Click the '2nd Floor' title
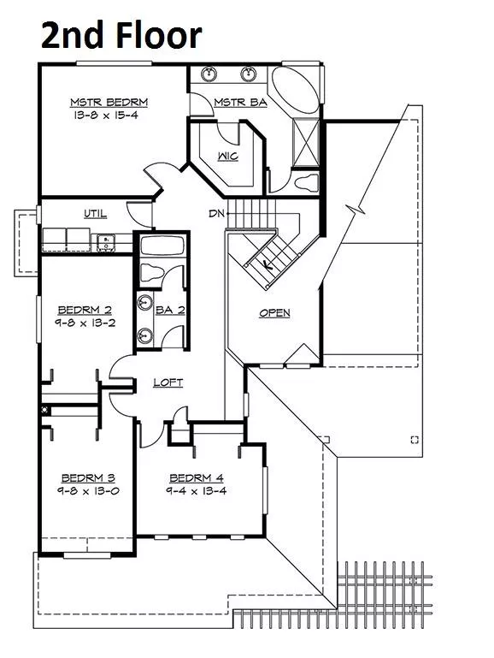121,35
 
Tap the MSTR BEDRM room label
109,102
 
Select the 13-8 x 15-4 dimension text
106,115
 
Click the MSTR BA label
240,102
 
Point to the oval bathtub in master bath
295,89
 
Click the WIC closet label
228,156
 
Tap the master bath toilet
306,182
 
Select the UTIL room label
96,214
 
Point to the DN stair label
216,214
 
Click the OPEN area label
275,313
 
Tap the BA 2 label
170,310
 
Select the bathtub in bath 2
162,246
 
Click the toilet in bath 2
151,273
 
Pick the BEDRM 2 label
85,310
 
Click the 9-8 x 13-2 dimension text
85,323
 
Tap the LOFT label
168,382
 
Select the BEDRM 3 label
88,478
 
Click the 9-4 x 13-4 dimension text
197,491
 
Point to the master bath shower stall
306,143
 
